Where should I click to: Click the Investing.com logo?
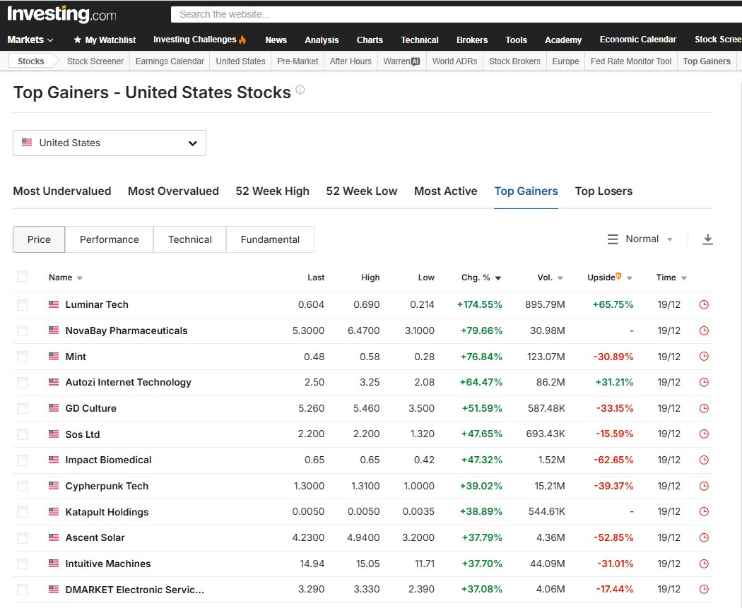(61, 14)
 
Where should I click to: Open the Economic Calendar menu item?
(638, 40)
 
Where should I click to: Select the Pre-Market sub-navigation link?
(298, 61)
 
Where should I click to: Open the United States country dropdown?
(110, 143)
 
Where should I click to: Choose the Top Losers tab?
(603, 191)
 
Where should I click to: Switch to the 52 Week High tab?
(273, 191)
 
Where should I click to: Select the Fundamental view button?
(270, 239)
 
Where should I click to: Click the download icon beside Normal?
(707, 239)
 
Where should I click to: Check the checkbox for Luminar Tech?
(22, 304)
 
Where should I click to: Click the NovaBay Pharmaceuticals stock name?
(126, 330)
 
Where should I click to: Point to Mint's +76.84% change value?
(481, 357)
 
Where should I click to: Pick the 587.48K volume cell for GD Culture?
(546, 408)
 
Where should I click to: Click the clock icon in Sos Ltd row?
(704, 434)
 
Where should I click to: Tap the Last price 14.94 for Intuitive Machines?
(312, 564)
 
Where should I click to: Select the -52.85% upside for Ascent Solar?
(613, 537)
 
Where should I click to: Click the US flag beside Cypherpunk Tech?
(54, 486)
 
